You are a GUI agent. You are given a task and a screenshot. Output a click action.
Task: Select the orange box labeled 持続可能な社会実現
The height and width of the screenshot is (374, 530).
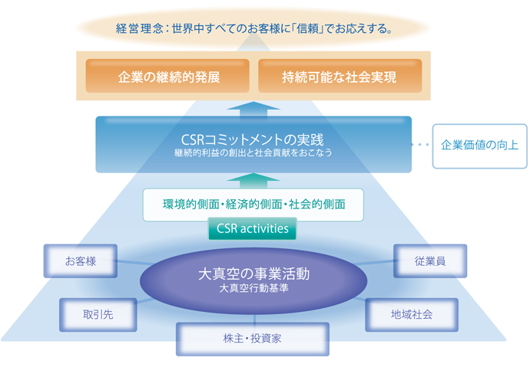click(340, 77)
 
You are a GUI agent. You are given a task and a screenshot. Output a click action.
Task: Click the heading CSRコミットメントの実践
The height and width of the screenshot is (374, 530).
click(253, 140)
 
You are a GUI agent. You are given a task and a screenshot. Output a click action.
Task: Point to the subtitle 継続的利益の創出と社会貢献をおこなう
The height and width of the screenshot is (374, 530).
click(253, 153)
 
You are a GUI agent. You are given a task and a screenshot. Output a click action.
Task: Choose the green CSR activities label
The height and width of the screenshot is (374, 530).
click(252, 228)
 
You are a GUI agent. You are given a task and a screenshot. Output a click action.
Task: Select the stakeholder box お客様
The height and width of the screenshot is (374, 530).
click(81, 261)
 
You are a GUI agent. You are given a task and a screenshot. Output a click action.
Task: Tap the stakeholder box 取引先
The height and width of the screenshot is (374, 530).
click(98, 314)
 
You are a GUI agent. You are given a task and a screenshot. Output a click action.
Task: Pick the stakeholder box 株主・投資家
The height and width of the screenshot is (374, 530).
click(252, 338)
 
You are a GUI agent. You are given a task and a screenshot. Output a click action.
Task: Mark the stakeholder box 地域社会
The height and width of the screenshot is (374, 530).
click(411, 314)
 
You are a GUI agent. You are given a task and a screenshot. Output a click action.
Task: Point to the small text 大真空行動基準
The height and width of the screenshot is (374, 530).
click(253, 288)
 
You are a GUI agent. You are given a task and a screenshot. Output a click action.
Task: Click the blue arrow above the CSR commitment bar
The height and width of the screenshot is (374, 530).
click(253, 107)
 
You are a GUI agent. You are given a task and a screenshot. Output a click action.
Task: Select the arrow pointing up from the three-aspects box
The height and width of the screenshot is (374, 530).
click(253, 180)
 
